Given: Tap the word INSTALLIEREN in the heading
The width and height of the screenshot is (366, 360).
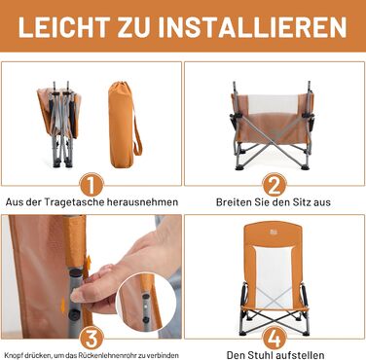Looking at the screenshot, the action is [x=253, y=26].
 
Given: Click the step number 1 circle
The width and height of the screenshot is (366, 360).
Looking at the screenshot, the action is [x=91, y=186].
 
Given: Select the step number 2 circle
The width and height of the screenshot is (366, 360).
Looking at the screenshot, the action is [x=274, y=186].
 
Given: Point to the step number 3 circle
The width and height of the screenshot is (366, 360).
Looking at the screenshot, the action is [x=91, y=339].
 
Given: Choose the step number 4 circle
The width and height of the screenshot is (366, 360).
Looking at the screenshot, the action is [x=274, y=339].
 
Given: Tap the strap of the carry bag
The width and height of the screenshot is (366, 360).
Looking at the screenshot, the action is [x=137, y=130].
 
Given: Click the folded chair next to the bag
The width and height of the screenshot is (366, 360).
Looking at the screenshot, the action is [x=57, y=124].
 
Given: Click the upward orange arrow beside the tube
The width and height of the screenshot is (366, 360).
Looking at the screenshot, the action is [x=89, y=264].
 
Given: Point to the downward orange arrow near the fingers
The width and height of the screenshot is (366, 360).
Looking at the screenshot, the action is [x=63, y=305].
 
